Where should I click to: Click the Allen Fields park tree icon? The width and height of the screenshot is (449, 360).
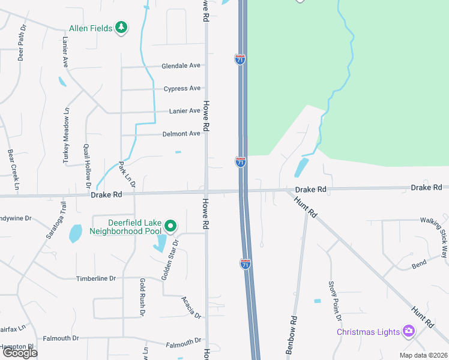[x=122, y=28]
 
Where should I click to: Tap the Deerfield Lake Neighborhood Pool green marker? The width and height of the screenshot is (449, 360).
[x=170, y=226]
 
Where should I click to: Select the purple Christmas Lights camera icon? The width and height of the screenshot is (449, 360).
[x=409, y=331]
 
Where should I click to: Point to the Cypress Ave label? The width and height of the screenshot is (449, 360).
[x=182, y=89]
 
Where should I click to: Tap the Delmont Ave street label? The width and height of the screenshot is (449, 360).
[x=181, y=134]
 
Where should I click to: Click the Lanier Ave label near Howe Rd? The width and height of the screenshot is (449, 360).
[x=185, y=111]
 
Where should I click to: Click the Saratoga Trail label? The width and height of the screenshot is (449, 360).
[x=55, y=221]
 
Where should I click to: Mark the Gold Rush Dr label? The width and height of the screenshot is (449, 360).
[x=142, y=297]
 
